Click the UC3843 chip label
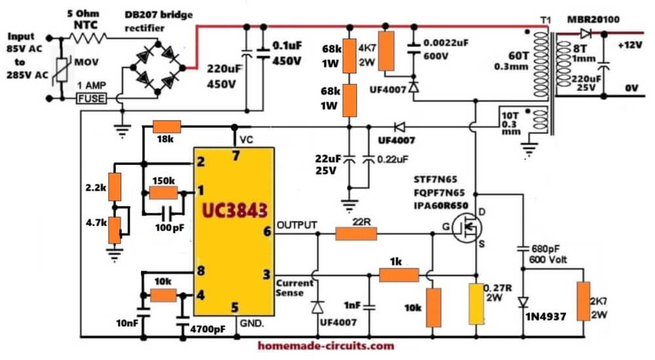click(234, 210)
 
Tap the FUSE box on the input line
click(92, 99)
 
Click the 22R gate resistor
click(356, 234)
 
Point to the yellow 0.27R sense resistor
click(476, 304)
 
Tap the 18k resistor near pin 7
click(166, 126)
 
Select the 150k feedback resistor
click(163, 192)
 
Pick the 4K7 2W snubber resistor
click(387, 51)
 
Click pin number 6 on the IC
click(267, 231)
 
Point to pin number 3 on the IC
click(267, 274)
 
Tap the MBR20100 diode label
click(593, 20)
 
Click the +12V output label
click(630, 45)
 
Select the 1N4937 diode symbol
click(523, 302)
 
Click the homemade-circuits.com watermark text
click(326, 346)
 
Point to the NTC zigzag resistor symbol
click(88, 38)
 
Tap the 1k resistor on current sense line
click(399, 275)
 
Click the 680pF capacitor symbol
click(523, 249)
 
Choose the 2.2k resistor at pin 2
click(115, 187)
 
